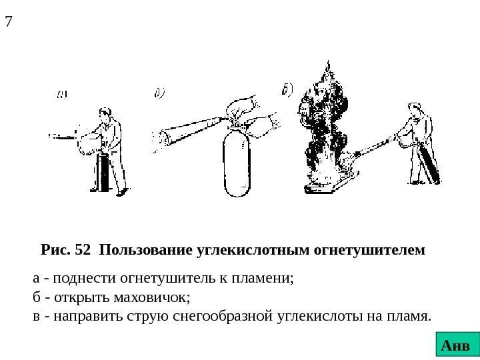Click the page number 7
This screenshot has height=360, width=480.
coord(9,21)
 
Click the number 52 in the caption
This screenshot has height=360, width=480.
coord(83,251)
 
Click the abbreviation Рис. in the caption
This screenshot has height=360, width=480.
coord(55,251)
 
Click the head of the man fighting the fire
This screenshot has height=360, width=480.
coord(413,108)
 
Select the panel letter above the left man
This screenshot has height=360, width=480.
coord(61,94)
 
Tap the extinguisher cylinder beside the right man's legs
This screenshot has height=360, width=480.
coord(429,163)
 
